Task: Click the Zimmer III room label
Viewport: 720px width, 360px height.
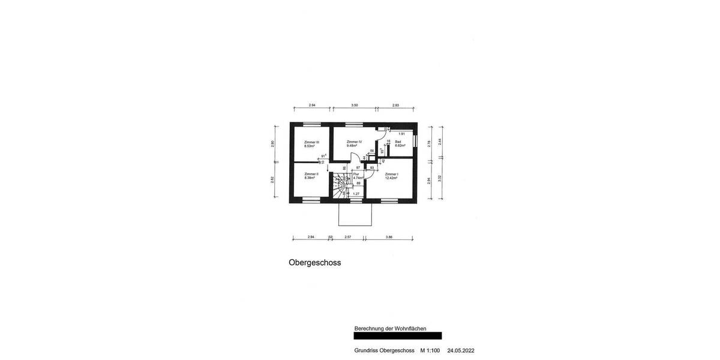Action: pos(311,142)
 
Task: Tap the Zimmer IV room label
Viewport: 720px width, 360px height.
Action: pos(354,142)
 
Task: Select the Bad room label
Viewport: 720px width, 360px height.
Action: pos(398,142)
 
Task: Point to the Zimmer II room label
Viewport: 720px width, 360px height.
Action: pos(311,174)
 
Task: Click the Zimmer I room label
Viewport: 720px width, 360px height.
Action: pos(391,174)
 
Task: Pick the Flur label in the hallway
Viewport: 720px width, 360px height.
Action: pos(356,174)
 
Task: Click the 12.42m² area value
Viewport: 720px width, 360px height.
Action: pos(391,178)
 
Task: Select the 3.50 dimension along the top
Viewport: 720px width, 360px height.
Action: pos(355,106)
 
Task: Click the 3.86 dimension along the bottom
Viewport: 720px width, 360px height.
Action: pos(388,238)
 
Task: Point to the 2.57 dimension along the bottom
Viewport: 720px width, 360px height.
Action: pos(348,238)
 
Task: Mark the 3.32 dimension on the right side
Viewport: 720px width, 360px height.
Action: pos(440,178)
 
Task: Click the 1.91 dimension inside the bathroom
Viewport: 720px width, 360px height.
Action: pos(402,134)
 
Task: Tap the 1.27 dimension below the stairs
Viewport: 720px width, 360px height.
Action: pos(356,194)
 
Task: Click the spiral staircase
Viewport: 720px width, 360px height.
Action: pos(340,185)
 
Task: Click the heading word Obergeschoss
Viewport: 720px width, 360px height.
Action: pos(314,262)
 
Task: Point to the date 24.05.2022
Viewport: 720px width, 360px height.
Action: pos(460,350)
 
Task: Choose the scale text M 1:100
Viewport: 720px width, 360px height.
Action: pos(430,350)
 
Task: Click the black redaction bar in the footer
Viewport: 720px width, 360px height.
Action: pos(398,336)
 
